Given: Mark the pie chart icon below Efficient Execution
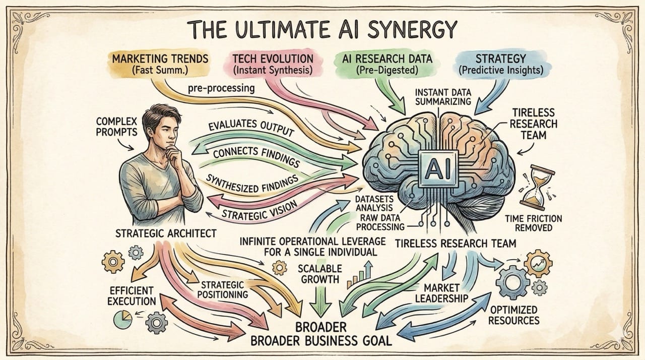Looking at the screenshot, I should (120, 318).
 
